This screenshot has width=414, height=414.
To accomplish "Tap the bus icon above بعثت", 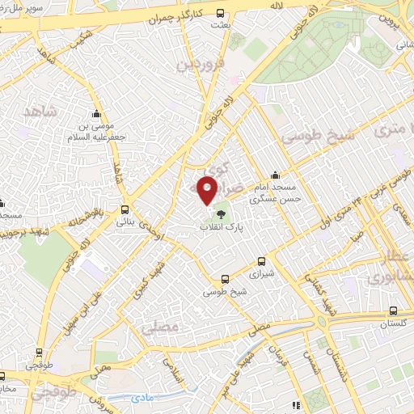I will coord(221,12).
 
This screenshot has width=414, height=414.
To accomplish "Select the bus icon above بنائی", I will coord(125,208).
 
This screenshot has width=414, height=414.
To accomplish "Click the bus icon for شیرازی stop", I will coord(260,261).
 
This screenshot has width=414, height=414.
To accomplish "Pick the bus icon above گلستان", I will coord(393,310).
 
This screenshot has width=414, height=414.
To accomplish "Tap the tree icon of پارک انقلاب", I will coord(220,214).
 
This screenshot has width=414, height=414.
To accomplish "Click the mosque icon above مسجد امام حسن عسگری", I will coord(276,174).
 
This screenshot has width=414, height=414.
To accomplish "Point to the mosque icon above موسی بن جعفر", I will coord(96,112).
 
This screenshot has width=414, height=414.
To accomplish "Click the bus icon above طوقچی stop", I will coord(38,352).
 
